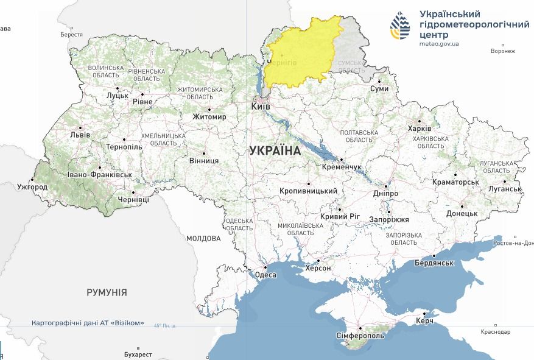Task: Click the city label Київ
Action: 261,107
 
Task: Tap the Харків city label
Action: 420,129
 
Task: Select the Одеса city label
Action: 265,275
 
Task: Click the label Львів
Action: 80,135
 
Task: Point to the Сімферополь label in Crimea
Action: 360,336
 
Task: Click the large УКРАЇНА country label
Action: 275,150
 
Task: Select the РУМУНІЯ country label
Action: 107,292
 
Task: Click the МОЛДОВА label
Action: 203,238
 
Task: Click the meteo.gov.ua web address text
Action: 439,44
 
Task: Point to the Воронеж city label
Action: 503,51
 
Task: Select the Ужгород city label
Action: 32,186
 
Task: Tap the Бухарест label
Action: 138,354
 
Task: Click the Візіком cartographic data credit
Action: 88,323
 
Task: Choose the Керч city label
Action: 424,321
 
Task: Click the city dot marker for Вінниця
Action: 204,154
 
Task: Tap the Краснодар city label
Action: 494,331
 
